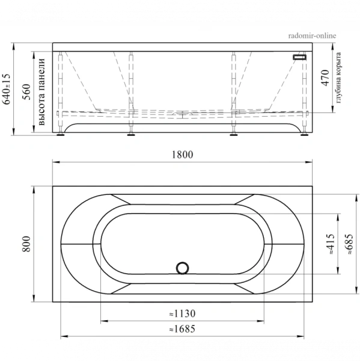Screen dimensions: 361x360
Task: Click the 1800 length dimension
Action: [182, 155]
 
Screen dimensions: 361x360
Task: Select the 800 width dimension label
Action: [26, 243]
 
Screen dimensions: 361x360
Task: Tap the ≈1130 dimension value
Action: [182, 313]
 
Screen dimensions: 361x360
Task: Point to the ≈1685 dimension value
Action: [182, 329]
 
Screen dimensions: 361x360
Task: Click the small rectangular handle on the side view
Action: [299, 57]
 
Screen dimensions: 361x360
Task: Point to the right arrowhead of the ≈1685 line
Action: [304, 335]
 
